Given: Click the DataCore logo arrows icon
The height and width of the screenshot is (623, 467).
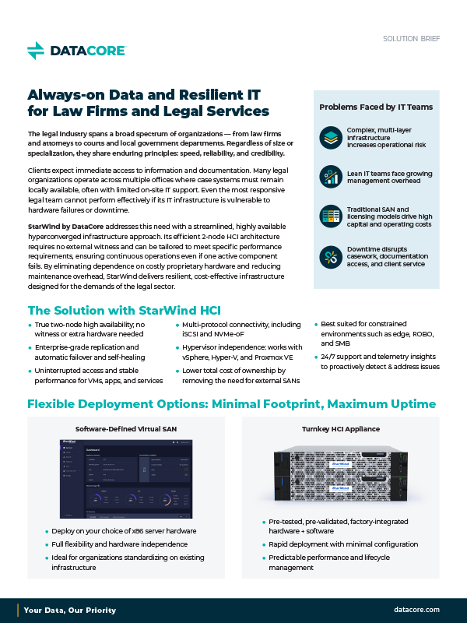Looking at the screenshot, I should coord(36,51).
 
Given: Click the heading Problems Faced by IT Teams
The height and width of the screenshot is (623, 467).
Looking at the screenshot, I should coord(376,107).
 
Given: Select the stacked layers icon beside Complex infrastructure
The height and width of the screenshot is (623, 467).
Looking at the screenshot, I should coord(332,138).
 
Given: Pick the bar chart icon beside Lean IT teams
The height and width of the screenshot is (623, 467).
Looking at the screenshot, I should coord(332,177).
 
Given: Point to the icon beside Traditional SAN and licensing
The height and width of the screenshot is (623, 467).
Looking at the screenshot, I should coord(332,216).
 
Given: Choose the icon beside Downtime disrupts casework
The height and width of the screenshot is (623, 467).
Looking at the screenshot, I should coord(332,256).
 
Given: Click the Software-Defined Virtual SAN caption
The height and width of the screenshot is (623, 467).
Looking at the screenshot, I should coord(126,429).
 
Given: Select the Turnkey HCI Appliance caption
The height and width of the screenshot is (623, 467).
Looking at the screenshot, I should coord(340,429).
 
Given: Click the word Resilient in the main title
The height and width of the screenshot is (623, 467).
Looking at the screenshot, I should coord(180,95).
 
